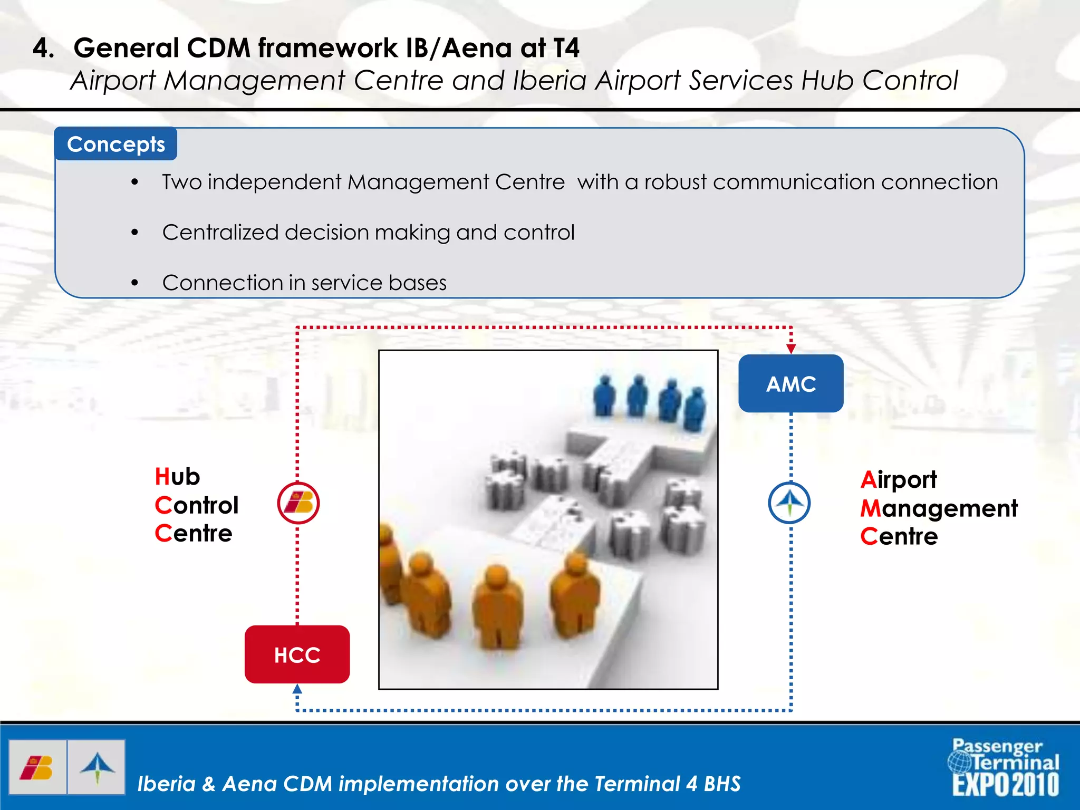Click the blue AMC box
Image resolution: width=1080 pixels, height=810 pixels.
click(x=790, y=383)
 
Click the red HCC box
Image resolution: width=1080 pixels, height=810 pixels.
click(x=297, y=654)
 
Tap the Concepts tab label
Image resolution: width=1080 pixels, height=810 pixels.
click(x=115, y=144)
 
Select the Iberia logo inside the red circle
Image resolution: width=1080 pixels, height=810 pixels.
click(x=298, y=503)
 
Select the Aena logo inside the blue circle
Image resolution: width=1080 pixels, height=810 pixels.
click(x=789, y=503)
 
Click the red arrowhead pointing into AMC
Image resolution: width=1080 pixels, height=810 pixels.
click(x=790, y=349)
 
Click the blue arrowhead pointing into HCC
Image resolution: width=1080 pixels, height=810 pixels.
click(x=297, y=689)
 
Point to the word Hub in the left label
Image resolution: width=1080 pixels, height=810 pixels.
click(x=177, y=477)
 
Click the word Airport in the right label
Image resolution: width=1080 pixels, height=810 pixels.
click(x=899, y=480)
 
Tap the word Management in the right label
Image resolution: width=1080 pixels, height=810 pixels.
click(x=939, y=508)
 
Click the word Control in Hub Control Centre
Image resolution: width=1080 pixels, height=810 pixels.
click(x=197, y=505)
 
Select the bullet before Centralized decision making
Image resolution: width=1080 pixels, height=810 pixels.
click(x=135, y=233)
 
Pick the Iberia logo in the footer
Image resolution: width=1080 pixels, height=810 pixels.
click(x=37, y=767)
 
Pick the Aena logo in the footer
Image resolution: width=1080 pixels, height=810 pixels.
click(x=97, y=767)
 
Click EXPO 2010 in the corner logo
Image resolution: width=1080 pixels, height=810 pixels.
click(x=1005, y=785)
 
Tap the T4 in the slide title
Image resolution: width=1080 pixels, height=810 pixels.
click(x=566, y=48)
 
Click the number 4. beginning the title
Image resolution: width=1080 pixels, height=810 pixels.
click(x=44, y=48)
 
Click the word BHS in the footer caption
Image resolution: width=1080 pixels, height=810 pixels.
click(x=722, y=784)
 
